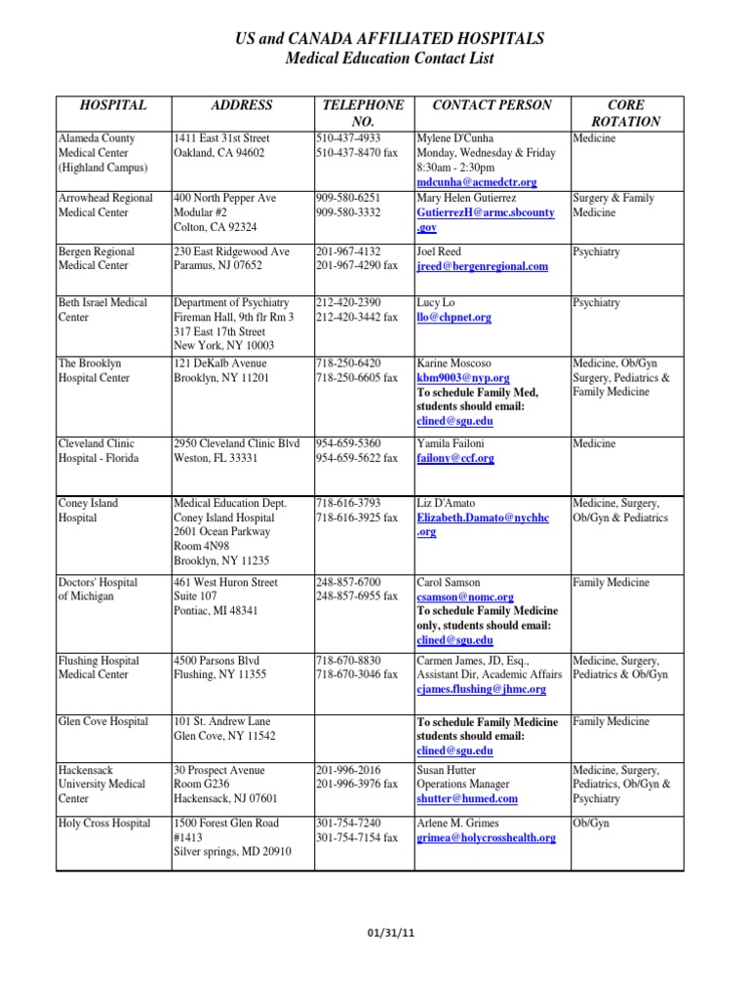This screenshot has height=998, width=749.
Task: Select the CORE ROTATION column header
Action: click(x=626, y=113)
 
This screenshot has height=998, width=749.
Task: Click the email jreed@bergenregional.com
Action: click(x=482, y=266)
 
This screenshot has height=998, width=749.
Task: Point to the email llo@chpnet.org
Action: click(x=453, y=317)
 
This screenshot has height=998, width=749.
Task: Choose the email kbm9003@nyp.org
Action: click(x=463, y=377)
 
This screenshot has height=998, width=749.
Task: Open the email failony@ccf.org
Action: click(x=455, y=458)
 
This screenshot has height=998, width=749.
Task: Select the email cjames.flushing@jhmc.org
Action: click(x=481, y=689)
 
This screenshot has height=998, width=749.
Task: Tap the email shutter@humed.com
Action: click(x=467, y=798)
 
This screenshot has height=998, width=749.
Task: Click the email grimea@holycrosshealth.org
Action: click(x=486, y=837)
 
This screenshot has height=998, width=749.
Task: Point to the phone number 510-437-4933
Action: click(x=348, y=138)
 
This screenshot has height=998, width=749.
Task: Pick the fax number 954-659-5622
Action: click(x=357, y=458)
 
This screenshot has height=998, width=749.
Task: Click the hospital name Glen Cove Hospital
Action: click(x=103, y=721)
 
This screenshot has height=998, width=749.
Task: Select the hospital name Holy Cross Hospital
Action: click(x=104, y=824)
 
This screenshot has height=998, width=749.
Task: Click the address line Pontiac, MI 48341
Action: click(x=217, y=611)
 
